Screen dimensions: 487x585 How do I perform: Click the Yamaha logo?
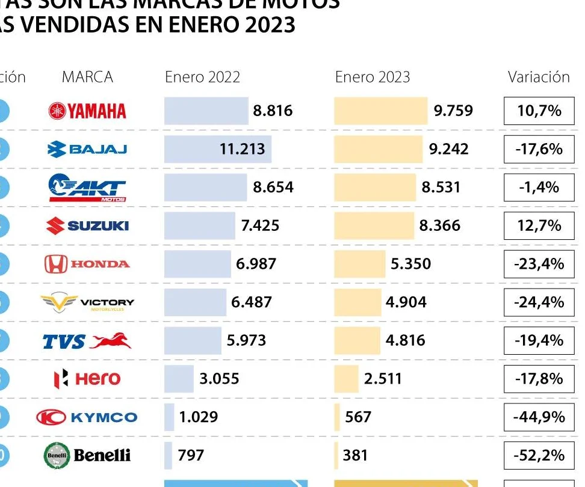pyautogui.click(x=87, y=111)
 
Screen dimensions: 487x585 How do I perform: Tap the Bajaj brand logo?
pyautogui.click(x=87, y=149)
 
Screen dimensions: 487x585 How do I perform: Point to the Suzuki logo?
pyautogui.click(x=87, y=225)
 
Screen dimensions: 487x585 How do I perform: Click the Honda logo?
pyautogui.click(x=87, y=264)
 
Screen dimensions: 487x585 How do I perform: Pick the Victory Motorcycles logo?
pyautogui.click(x=87, y=302)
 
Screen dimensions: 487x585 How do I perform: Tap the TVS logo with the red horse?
pyautogui.click(x=87, y=341)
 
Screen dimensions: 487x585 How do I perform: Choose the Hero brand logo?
pyautogui.click(x=87, y=379)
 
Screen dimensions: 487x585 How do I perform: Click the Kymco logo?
pyautogui.click(x=87, y=417)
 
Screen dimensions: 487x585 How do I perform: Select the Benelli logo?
pyautogui.click(x=87, y=455)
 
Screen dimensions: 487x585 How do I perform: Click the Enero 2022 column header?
pyautogui.click(x=202, y=77)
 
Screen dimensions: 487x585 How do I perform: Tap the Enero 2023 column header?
pyautogui.click(x=373, y=77)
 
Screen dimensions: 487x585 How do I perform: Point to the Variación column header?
pyautogui.click(x=539, y=77)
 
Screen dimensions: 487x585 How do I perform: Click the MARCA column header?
pyautogui.click(x=87, y=77)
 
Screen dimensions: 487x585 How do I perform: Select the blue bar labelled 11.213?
pyautogui.click(x=217, y=149)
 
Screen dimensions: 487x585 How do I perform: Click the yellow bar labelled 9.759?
pyautogui.click(x=380, y=111)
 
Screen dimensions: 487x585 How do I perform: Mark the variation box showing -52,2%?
pyautogui.click(x=539, y=455)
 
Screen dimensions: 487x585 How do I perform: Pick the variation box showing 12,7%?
pyautogui.click(x=539, y=225)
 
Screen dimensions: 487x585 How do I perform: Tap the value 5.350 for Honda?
pyautogui.click(x=410, y=264)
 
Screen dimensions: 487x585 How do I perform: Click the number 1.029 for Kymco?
pyautogui.click(x=199, y=417)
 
